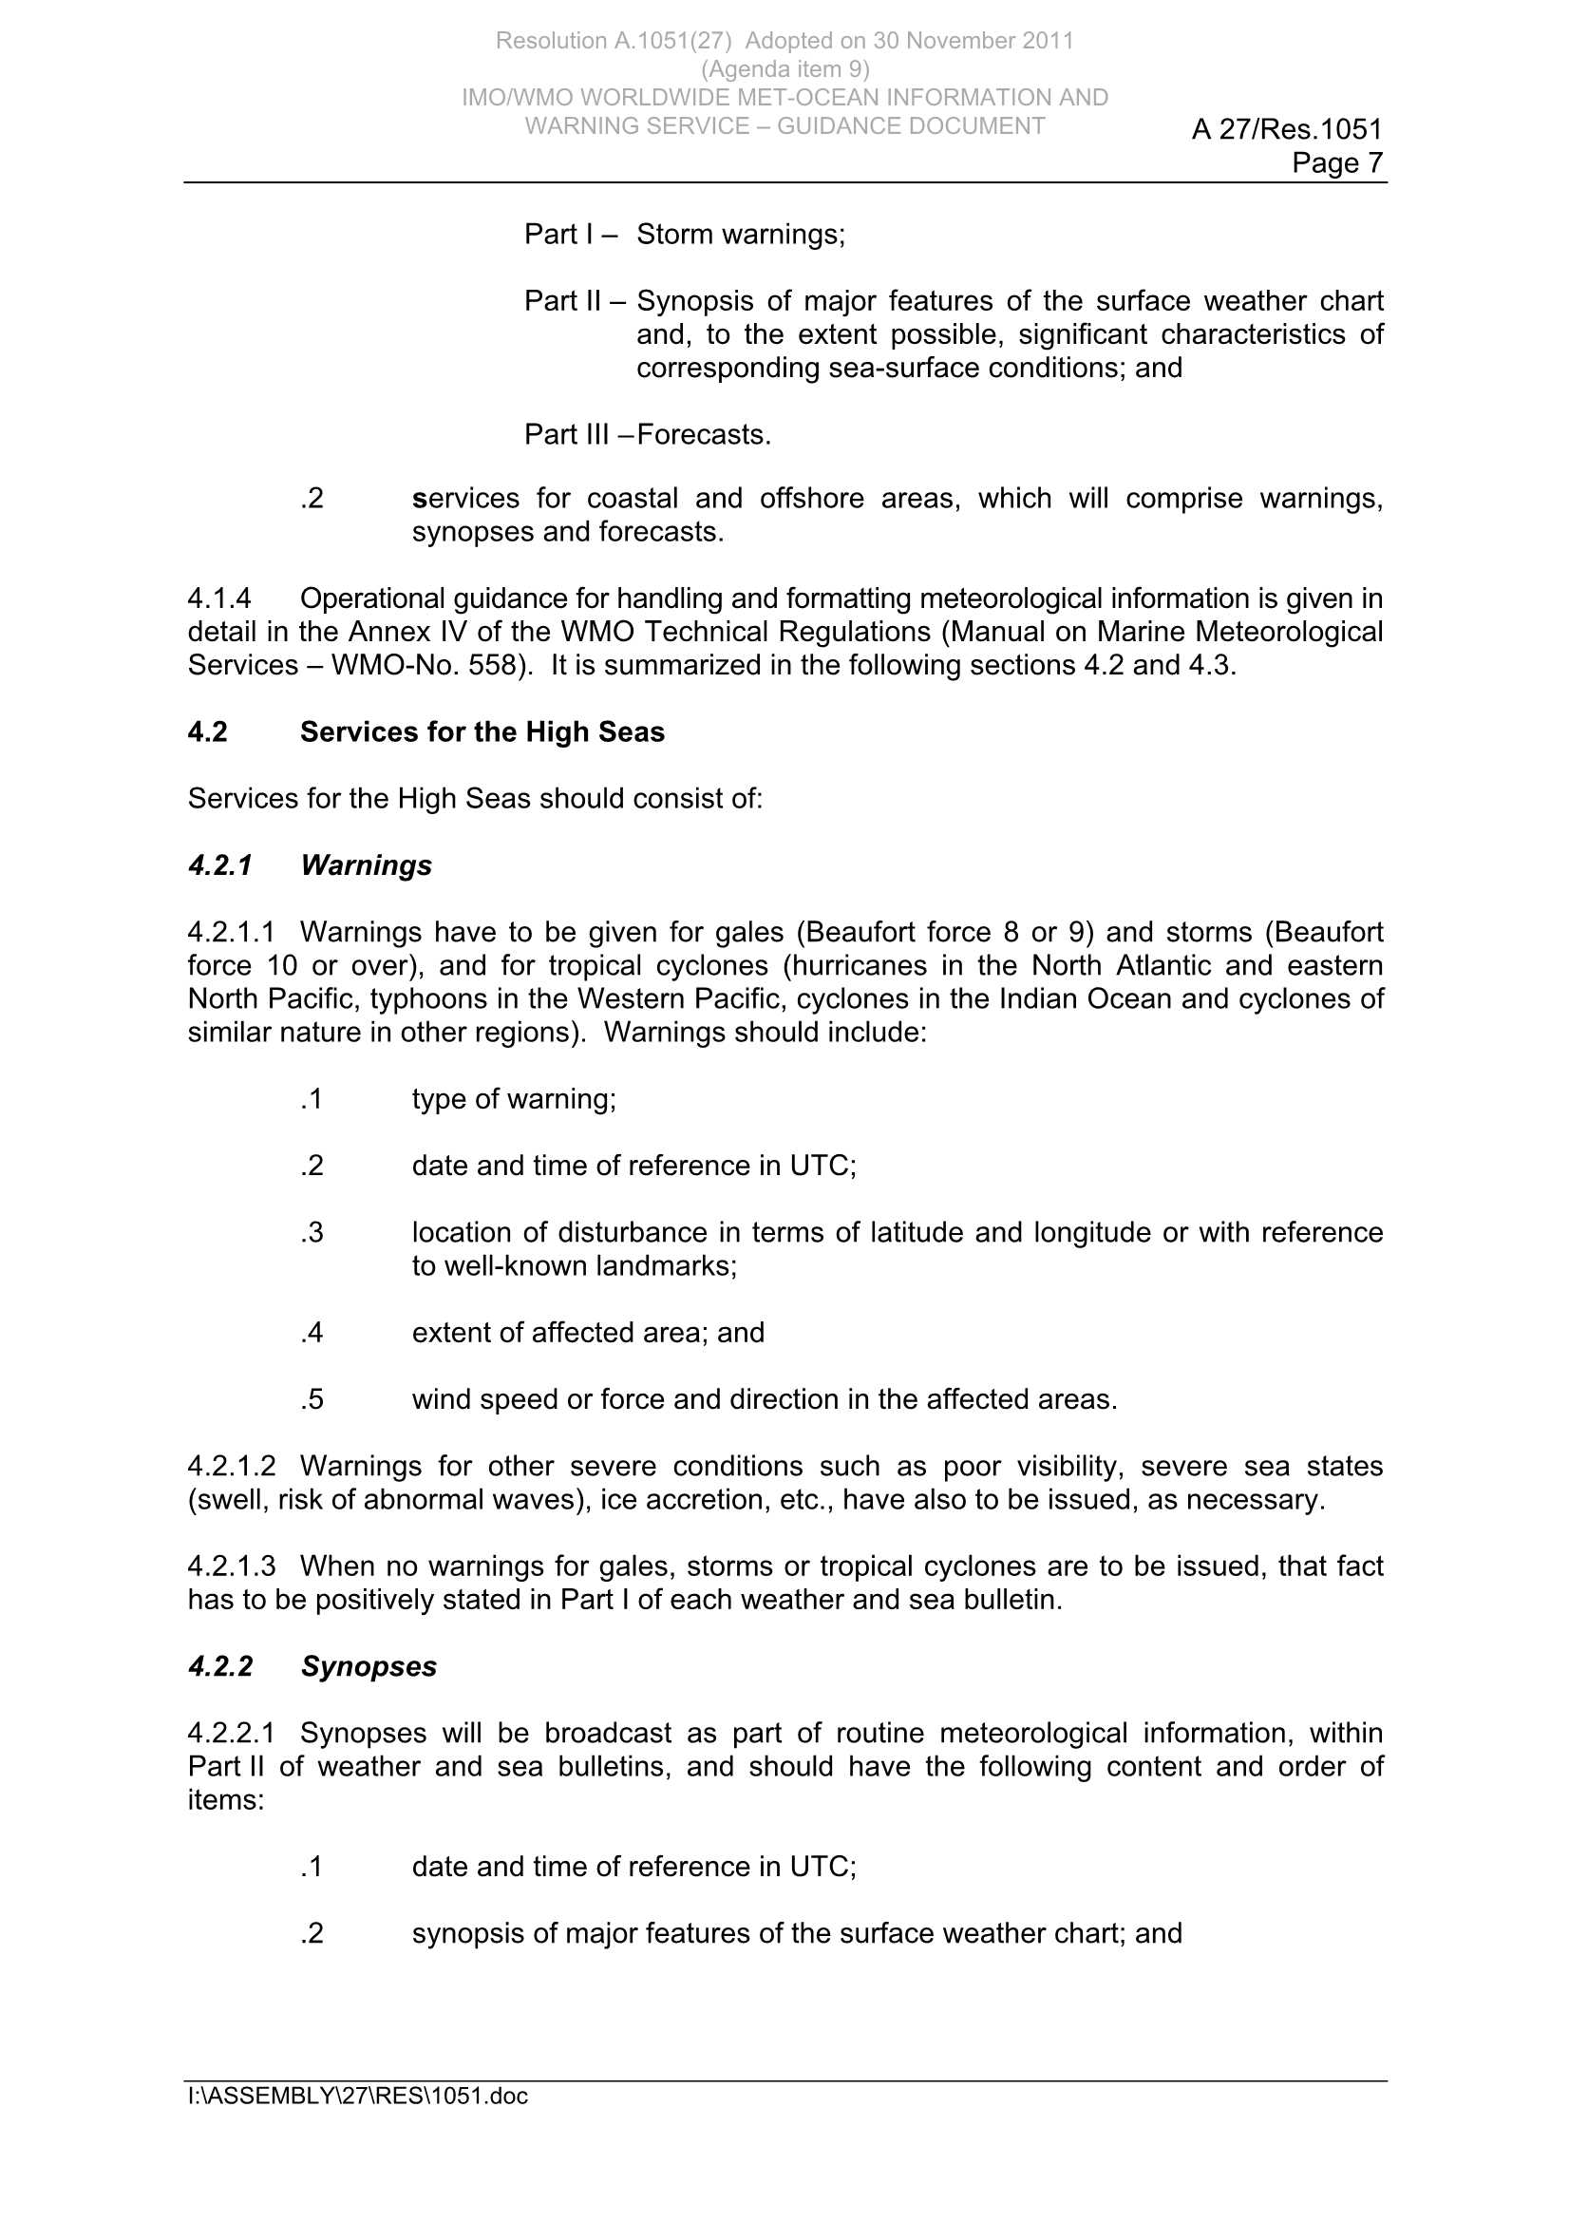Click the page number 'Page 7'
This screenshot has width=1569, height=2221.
tap(1337, 162)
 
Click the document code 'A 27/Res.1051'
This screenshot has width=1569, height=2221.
tap(1287, 128)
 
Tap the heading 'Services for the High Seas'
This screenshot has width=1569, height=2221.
tap(482, 732)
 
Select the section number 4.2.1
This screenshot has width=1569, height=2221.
tap(219, 864)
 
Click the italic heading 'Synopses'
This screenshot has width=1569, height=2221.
tap(369, 1666)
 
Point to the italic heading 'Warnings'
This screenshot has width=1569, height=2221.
tap(366, 864)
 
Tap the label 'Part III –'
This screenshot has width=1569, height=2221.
tap(577, 435)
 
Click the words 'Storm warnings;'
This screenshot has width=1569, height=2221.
tap(740, 234)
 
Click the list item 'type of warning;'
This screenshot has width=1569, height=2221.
tap(514, 1099)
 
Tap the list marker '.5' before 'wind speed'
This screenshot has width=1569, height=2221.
tap(312, 1399)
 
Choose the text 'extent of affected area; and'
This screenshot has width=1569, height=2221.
tap(587, 1333)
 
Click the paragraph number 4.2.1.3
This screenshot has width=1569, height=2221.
tap(231, 1566)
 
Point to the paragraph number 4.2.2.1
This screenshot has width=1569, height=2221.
tap(231, 1733)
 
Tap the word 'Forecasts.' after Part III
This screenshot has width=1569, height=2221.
tap(703, 435)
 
